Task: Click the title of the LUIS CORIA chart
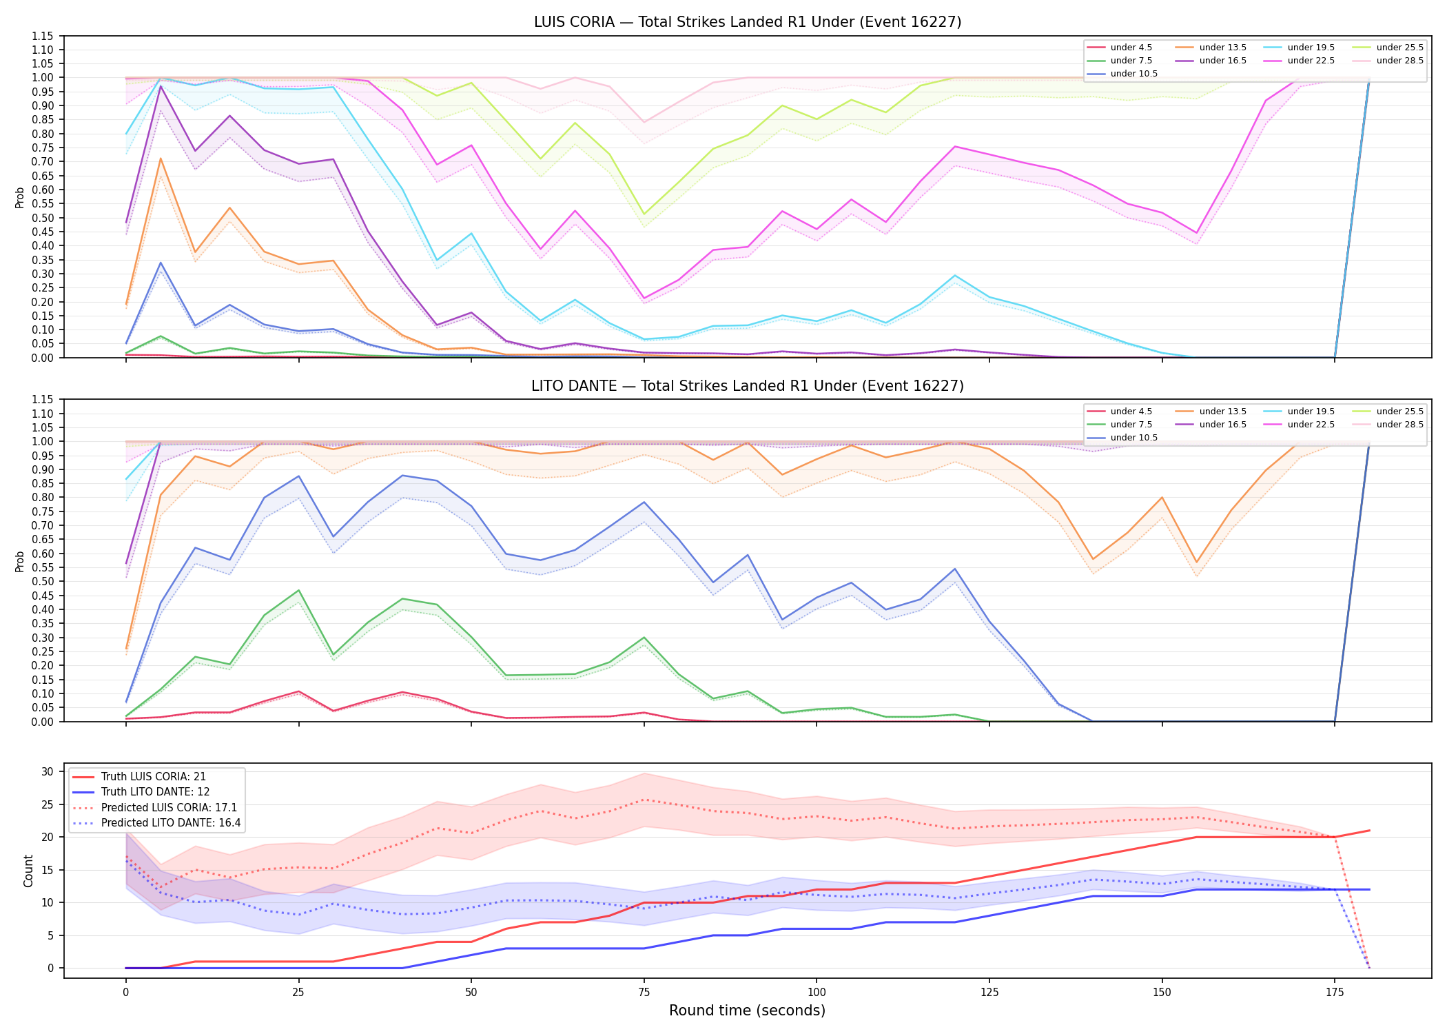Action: (x=748, y=22)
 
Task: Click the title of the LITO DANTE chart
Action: (x=748, y=386)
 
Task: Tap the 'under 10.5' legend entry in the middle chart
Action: (x=1122, y=438)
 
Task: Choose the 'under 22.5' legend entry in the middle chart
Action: (x=1300, y=425)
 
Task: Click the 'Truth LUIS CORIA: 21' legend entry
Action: (x=139, y=777)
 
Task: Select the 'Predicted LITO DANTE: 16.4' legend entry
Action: (x=156, y=823)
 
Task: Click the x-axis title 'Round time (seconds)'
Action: (x=748, y=1011)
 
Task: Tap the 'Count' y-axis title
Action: (x=28, y=871)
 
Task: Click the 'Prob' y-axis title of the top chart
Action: (x=20, y=197)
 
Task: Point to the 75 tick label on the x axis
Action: (x=644, y=993)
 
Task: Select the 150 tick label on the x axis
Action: (x=1162, y=993)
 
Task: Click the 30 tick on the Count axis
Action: (x=48, y=771)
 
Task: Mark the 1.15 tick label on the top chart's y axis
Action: (x=43, y=36)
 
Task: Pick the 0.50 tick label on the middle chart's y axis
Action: (x=43, y=581)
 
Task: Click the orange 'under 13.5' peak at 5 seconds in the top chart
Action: (x=161, y=159)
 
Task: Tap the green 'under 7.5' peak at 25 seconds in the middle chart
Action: (x=298, y=591)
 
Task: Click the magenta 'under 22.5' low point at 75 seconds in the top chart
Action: (x=644, y=298)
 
